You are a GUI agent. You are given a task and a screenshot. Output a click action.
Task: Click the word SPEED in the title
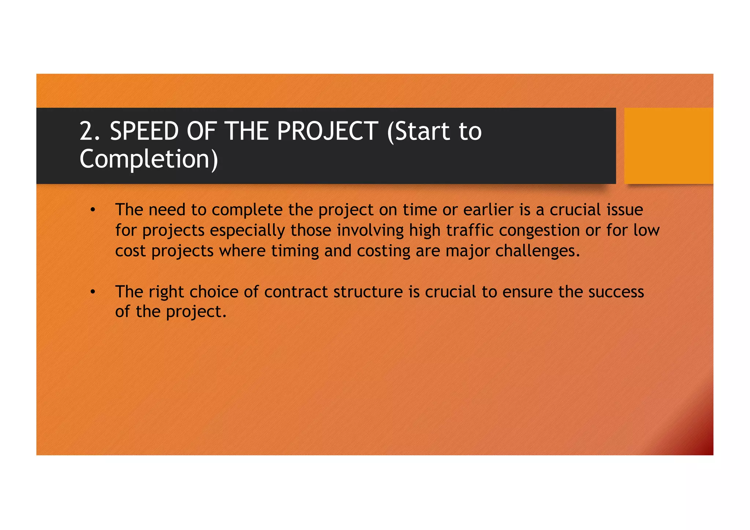pos(144,131)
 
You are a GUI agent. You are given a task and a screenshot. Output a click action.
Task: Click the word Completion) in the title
pos(149,159)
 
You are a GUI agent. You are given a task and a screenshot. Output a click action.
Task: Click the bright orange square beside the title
pos(668,145)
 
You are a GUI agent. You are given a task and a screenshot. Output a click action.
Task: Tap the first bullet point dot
pos(93,210)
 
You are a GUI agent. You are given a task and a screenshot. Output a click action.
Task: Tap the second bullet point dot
pos(93,292)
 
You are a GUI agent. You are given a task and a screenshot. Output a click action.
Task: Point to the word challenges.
pos(537,251)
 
